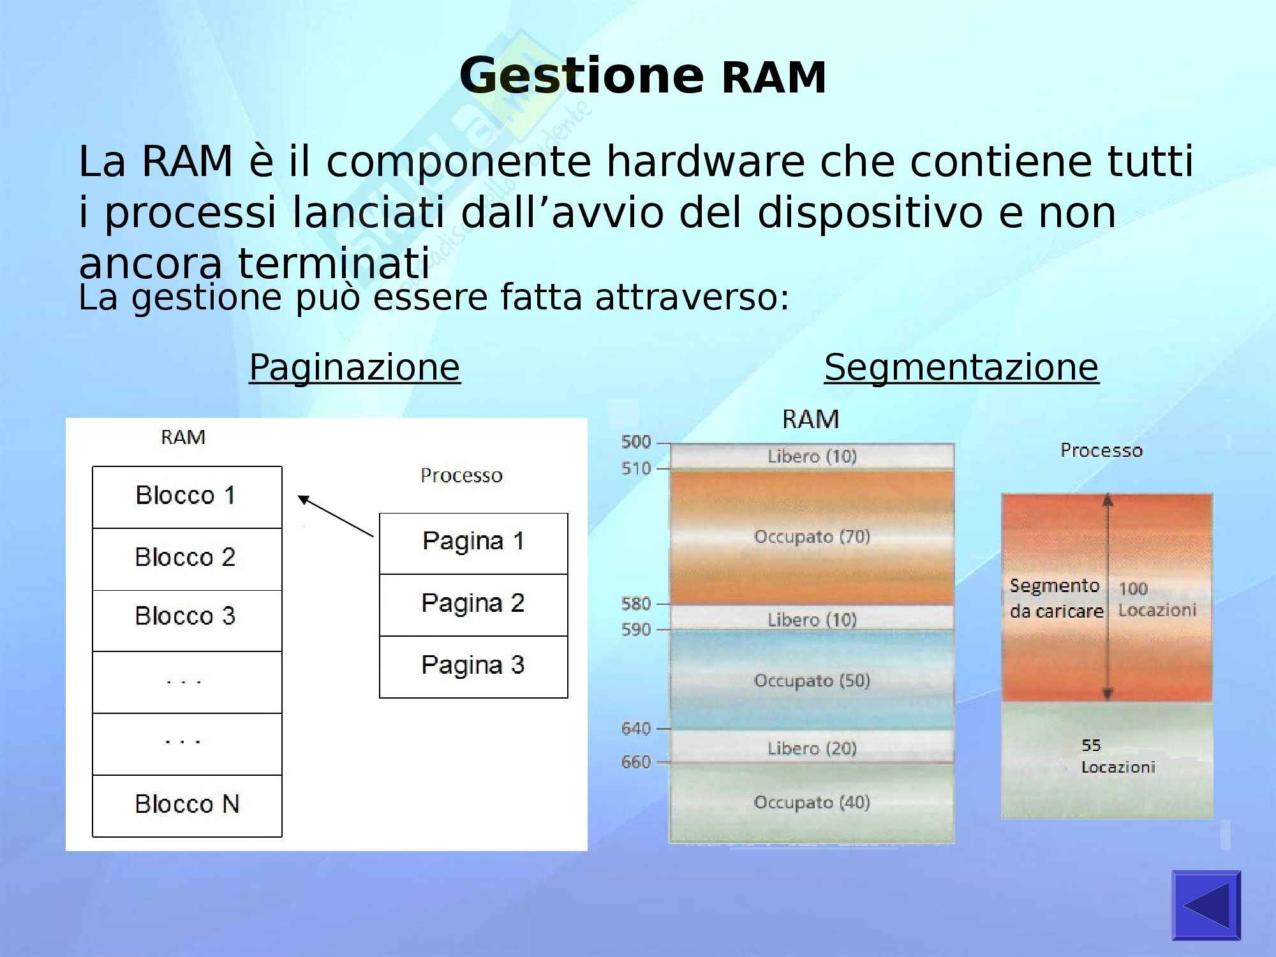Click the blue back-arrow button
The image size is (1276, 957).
1206,905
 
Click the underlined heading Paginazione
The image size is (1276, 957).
354,367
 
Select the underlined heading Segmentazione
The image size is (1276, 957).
961,367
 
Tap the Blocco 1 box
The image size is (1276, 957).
186,496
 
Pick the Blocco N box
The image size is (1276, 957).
186,805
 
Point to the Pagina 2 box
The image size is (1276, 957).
473,604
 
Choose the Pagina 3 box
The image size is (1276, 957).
473,665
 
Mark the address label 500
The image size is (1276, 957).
636,441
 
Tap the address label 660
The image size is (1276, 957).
636,762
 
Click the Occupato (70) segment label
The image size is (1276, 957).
812,537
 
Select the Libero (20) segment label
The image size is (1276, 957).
812,748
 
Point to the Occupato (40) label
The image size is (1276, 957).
812,802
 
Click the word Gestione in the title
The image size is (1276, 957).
581,76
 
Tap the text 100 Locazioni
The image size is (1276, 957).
1157,599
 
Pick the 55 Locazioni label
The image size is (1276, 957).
1117,756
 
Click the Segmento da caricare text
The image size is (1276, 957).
1056,598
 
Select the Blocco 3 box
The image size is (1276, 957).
186,617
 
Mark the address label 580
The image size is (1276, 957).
636,604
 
